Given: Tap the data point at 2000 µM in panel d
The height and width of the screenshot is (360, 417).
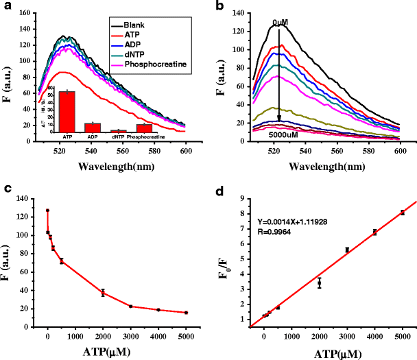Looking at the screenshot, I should (320, 282).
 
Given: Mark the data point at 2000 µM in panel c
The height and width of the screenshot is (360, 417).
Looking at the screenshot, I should (103, 292).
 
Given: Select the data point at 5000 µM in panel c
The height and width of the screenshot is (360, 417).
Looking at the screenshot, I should (186, 313).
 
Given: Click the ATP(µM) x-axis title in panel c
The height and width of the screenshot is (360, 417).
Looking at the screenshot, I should (114, 352).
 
